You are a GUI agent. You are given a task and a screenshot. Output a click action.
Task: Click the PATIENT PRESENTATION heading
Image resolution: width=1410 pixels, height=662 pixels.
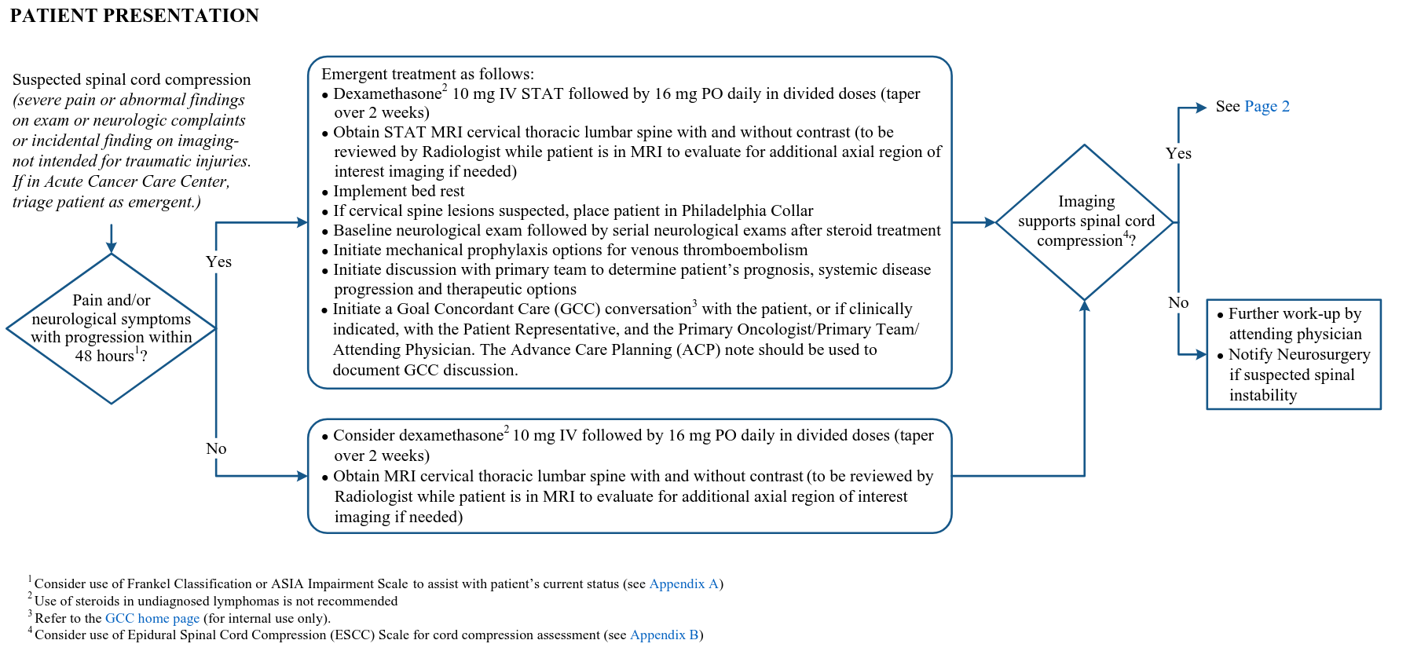click(x=134, y=16)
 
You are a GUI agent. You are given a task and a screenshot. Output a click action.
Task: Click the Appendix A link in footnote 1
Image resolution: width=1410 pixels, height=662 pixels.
click(x=683, y=583)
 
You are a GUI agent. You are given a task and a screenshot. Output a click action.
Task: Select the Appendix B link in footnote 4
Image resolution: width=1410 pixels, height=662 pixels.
click(x=664, y=635)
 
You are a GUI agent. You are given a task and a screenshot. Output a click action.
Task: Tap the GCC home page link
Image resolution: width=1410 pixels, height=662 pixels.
click(x=152, y=618)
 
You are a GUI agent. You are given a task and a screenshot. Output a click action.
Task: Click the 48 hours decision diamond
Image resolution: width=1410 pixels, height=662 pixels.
click(x=111, y=328)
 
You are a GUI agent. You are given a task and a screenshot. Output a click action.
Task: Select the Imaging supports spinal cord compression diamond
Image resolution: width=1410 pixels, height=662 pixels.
click(x=1085, y=221)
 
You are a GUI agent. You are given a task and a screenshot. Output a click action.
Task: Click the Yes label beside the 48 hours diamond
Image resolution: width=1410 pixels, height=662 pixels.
click(x=218, y=262)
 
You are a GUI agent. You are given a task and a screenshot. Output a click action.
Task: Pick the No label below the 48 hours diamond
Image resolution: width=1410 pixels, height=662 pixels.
click(x=216, y=448)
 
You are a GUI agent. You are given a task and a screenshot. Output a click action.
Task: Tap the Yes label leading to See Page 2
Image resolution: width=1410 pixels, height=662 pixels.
click(x=1178, y=153)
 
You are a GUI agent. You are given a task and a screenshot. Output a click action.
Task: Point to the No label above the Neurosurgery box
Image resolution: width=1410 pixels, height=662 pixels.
click(x=1178, y=302)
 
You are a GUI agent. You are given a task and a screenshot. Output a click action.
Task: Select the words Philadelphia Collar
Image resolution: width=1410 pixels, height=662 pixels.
click(x=747, y=210)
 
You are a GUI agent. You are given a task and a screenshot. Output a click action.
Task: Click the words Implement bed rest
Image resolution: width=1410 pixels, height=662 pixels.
click(x=398, y=191)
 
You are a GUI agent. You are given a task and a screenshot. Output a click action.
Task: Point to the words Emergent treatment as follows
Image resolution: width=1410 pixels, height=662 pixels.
click(x=427, y=74)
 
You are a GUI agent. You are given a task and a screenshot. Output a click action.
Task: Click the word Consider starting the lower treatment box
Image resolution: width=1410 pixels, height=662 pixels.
click(x=367, y=435)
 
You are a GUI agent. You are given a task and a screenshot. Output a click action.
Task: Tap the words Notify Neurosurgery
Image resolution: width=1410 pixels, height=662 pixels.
click(x=1299, y=354)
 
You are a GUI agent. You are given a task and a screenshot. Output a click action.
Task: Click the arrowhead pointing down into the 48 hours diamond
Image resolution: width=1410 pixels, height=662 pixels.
click(x=111, y=247)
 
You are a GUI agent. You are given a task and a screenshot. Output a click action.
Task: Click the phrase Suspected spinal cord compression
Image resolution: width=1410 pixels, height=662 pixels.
click(x=131, y=79)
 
